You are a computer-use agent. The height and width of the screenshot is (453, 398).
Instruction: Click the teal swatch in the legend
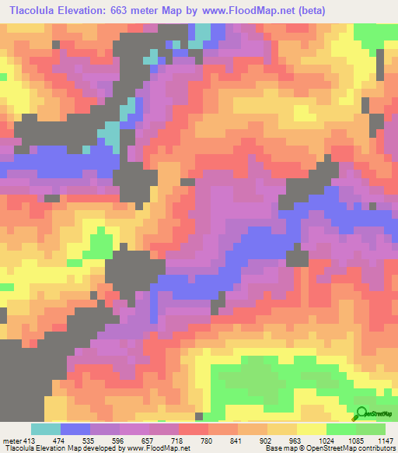click(46, 429)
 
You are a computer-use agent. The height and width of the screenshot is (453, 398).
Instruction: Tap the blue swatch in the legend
click(75, 429)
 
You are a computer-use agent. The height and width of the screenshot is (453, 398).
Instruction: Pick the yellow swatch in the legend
click(312, 429)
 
